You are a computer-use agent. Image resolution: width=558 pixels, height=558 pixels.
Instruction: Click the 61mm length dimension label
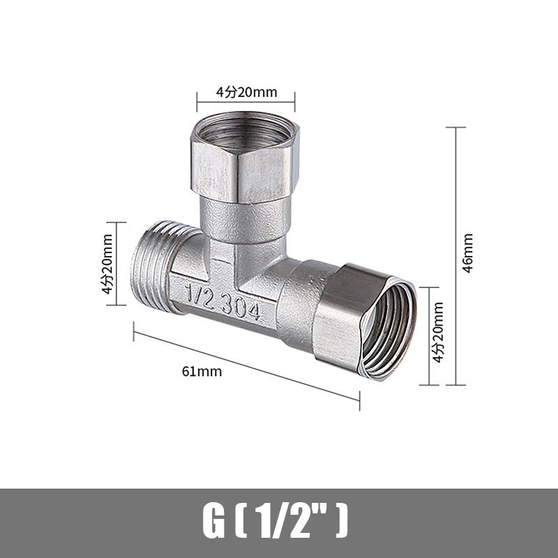pos(202,371)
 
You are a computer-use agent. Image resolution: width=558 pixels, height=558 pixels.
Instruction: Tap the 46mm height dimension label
pos(468,252)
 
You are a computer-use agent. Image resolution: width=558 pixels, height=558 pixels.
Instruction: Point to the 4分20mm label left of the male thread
pos(107,264)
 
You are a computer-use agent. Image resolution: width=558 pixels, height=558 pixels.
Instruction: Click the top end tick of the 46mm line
pos(455,128)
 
